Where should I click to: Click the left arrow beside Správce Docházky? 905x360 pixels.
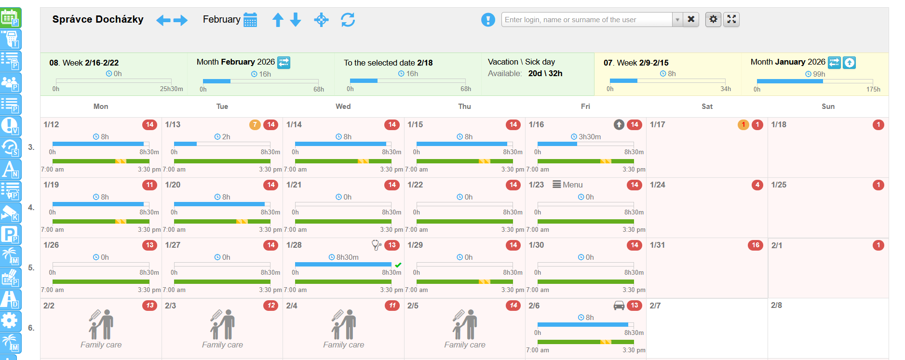pos(163,20)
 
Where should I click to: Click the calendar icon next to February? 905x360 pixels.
pos(250,20)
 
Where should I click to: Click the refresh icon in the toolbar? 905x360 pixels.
pos(348,20)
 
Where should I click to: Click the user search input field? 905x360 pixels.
pos(586,20)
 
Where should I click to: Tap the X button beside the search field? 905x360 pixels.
pos(691,19)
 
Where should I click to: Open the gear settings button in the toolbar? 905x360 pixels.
pos(713,19)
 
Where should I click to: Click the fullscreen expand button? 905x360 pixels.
pos(731,19)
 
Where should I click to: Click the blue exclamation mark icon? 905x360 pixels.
pos(488,20)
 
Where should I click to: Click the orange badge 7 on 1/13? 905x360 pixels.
pos(255,125)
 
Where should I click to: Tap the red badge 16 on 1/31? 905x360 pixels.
pos(756,245)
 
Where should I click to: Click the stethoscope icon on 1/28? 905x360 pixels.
pos(376,245)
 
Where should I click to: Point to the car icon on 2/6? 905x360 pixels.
pos(619,305)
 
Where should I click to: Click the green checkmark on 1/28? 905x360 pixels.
pos(398,265)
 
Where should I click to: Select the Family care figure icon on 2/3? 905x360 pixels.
pos(222,324)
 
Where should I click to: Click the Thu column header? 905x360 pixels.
pos(464,107)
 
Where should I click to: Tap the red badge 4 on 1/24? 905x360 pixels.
pos(757,185)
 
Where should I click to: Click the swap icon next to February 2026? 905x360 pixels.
pos(284,62)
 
